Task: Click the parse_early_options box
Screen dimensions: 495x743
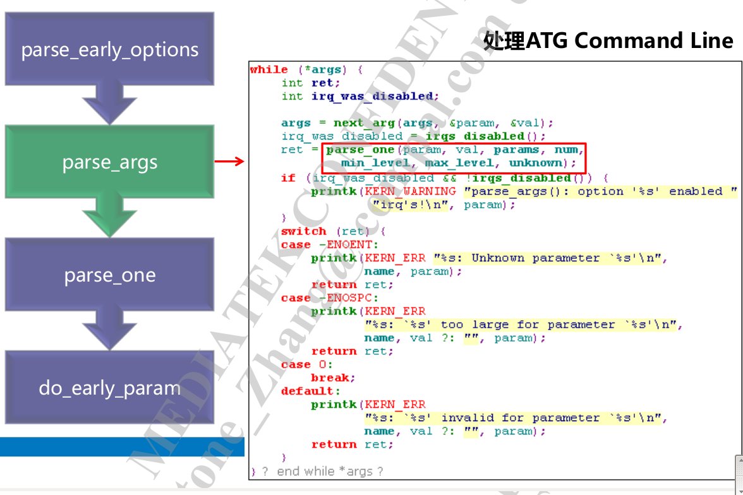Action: pyautogui.click(x=109, y=50)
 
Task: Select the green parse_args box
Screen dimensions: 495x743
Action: pyautogui.click(x=109, y=162)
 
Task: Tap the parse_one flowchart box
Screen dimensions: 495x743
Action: pyautogui.click(x=109, y=275)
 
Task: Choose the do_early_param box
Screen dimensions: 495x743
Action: pyautogui.click(x=109, y=387)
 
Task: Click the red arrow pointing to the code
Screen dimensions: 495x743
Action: pyautogui.click(x=229, y=162)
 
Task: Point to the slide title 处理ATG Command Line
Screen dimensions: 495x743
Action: pyautogui.click(x=608, y=41)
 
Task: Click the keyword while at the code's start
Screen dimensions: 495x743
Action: pyautogui.click(x=269, y=69)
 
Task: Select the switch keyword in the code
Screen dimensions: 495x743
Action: pyautogui.click(x=303, y=231)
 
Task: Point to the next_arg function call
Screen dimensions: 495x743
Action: pyautogui.click(x=357, y=122)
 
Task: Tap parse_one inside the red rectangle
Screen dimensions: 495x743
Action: pyautogui.click(x=360, y=150)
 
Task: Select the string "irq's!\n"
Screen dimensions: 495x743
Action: pyautogui.click(x=411, y=205)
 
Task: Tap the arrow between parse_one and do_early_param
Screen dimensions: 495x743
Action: pyautogui.click(x=109, y=330)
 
